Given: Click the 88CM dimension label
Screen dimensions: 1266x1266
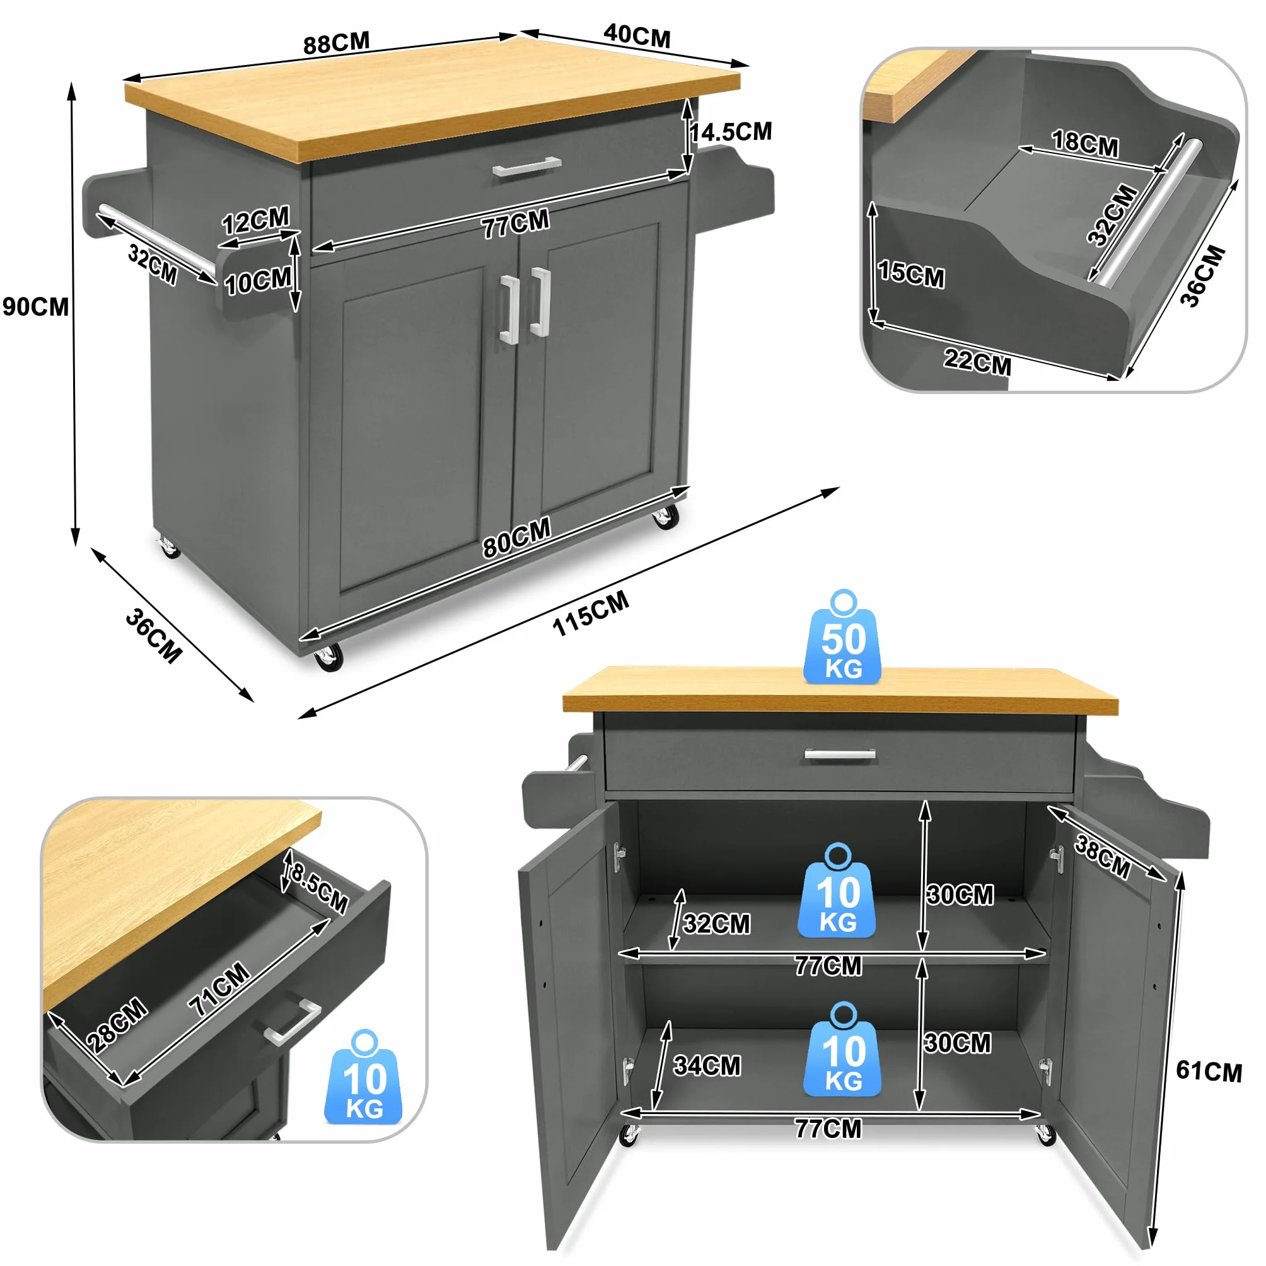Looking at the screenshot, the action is click(x=336, y=43).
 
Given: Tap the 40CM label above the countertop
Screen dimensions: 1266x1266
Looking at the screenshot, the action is click(x=637, y=35).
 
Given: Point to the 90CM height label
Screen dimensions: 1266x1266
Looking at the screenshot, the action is click(x=35, y=306).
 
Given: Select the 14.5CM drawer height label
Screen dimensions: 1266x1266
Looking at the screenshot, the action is click(x=731, y=132).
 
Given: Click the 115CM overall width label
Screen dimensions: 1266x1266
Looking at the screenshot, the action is click(x=590, y=613).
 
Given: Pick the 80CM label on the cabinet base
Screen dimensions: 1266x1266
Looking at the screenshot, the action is click(x=517, y=537).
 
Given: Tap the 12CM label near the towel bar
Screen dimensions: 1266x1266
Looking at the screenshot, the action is click(x=255, y=220).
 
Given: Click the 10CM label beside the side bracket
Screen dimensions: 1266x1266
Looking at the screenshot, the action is click(x=257, y=281).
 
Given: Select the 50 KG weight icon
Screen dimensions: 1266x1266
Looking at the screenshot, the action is click(x=843, y=637).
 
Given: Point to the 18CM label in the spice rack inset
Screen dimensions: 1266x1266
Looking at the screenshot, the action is click(x=1085, y=144).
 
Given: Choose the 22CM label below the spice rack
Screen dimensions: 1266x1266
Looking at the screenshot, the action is click(x=977, y=361).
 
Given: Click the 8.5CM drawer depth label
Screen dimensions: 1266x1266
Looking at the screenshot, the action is click(x=318, y=888).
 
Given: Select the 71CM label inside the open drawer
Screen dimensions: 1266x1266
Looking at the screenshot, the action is click(x=219, y=989).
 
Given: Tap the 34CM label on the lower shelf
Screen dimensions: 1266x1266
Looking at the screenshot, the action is click(x=707, y=1066).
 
